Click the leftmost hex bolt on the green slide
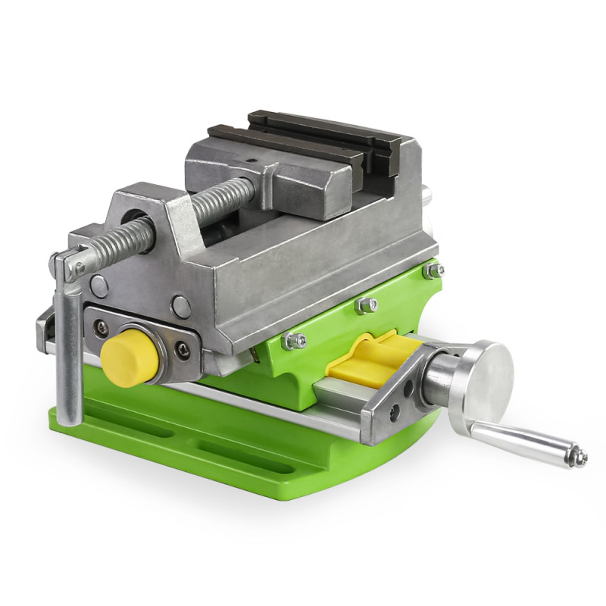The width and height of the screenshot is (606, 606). tap(293, 341)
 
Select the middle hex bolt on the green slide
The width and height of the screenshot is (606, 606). tap(366, 305)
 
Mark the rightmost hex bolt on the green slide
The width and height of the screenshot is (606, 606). tap(434, 270)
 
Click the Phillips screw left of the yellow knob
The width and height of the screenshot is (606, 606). tap(100, 327)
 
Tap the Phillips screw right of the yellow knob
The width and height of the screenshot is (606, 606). tap(183, 350)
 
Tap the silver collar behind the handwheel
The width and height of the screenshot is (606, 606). tap(437, 375)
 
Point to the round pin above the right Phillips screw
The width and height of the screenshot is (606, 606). tap(180, 307)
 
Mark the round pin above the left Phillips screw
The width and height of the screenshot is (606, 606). tap(98, 286)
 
